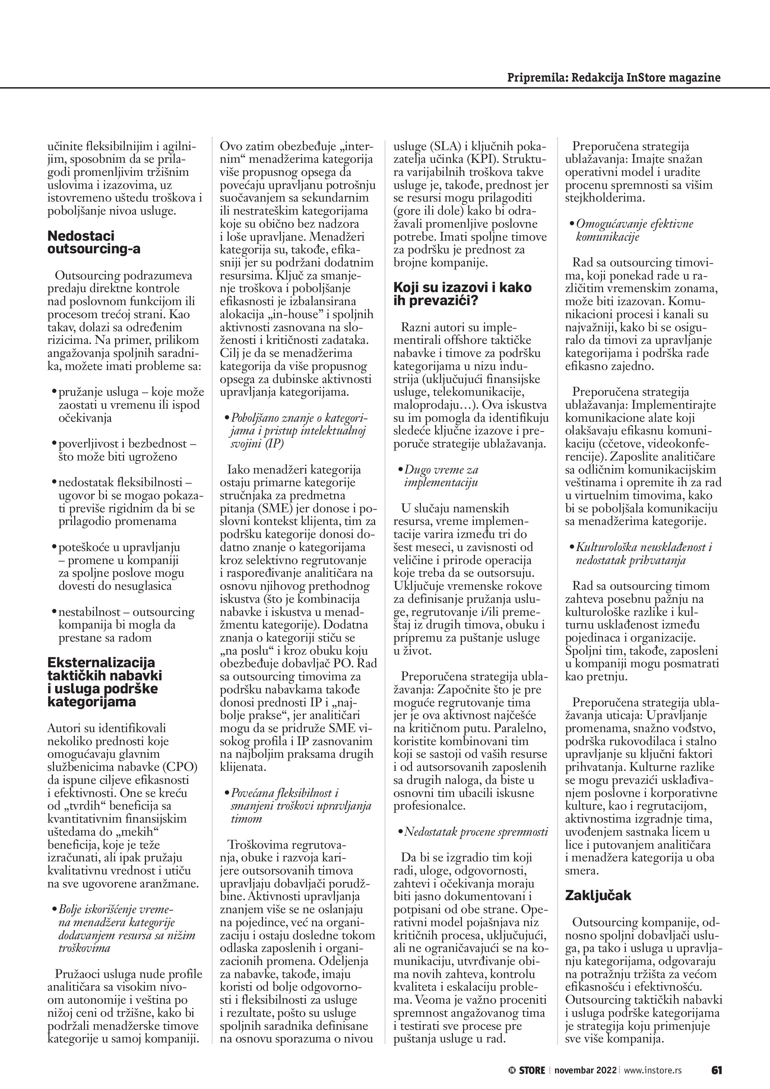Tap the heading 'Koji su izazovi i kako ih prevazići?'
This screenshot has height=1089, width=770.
[463, 294]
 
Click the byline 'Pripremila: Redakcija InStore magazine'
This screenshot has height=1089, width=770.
[614, 77]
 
